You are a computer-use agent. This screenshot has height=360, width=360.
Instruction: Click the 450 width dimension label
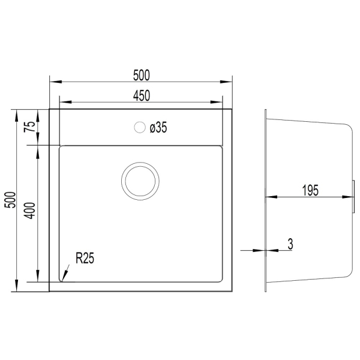click(142, 96)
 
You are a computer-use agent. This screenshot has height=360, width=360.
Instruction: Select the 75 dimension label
click(30, 127)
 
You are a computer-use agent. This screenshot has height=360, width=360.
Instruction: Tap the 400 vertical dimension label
click(30, 211)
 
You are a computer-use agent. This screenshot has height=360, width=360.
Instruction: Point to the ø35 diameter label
click(158, 127)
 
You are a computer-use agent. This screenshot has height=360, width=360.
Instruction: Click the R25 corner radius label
click(85, 258)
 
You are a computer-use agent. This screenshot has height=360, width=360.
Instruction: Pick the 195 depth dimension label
click(310, 190)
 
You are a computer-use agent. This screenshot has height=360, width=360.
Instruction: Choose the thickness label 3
click(290, 244)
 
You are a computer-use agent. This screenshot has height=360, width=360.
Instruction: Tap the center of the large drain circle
click(140, 181)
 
